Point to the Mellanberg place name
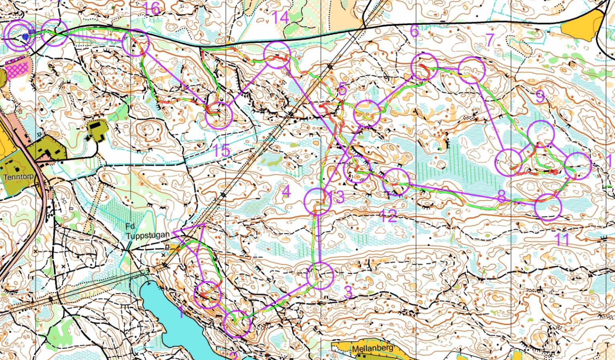(372, 349)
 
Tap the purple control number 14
(280, 18)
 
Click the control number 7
(490, 40)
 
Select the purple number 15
(221, 151)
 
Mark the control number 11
(562, 240)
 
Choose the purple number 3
(348, 292)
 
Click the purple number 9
(540, 97)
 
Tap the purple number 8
(501, 196)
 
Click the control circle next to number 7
(471, 70)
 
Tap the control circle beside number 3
(320, 276)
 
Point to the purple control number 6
(414, 30)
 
